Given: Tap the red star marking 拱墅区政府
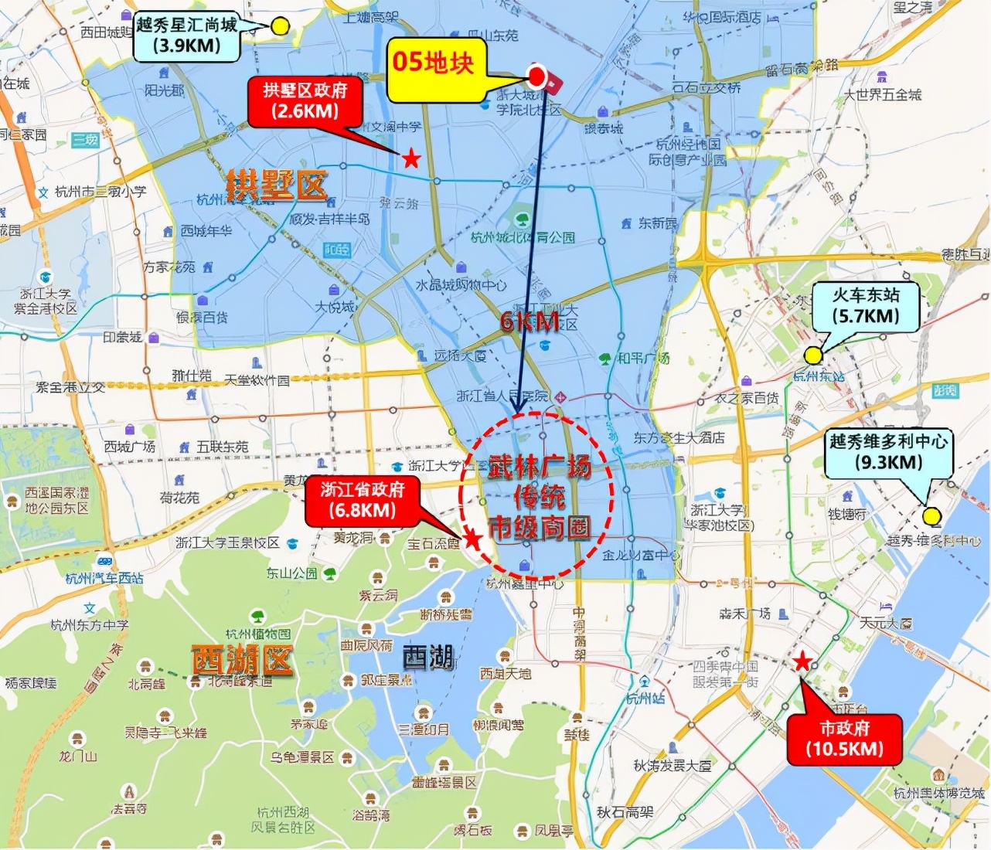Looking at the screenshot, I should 411,159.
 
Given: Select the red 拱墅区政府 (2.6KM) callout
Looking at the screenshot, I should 305,100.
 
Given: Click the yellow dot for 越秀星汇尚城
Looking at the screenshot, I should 280,26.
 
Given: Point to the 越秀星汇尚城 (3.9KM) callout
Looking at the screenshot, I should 186,36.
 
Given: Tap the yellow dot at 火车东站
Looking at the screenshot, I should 812,355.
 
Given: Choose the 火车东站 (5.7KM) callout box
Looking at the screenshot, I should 865,306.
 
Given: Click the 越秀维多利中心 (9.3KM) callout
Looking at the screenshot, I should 888,452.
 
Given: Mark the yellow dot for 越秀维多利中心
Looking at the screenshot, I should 931,515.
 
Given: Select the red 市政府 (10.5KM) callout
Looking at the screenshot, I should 844,739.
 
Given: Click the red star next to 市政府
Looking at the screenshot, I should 802,661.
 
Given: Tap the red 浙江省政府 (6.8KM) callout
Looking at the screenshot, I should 363,500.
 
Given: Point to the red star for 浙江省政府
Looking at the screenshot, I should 472,539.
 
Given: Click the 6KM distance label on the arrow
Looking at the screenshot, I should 530,321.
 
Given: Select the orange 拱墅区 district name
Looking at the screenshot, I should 276,185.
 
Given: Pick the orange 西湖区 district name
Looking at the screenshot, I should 242,661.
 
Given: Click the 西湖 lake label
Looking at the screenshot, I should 427,658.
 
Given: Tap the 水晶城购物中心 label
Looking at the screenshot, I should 461,285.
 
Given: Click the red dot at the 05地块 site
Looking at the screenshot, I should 536,75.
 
